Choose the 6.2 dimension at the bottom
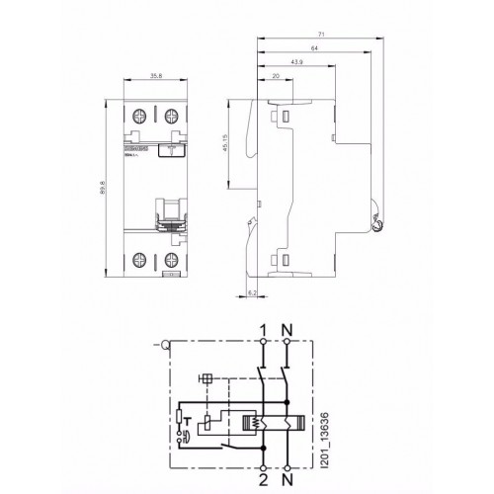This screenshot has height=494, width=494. [251, 293]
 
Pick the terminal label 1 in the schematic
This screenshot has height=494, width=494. [262, 329]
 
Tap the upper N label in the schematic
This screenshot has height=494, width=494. [287, 329]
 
